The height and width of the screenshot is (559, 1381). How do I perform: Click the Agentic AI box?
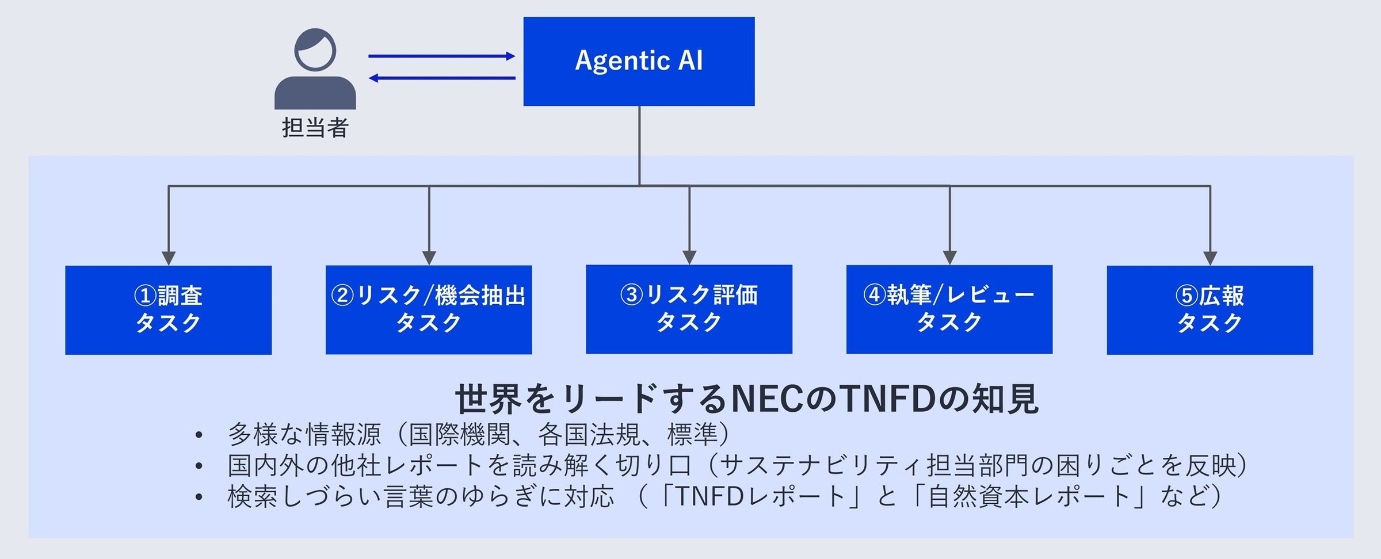coord(639,61)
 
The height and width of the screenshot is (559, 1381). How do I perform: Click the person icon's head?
coord(315,49)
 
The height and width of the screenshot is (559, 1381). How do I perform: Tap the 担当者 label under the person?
coord(315,128)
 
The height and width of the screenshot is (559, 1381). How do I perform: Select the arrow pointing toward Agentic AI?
coord(441,56)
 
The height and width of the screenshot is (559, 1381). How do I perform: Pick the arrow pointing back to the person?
coord(441,78)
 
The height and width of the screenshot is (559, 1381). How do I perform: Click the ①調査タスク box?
coord(168,309)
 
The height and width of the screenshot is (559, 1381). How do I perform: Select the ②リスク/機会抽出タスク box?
coord(429,309)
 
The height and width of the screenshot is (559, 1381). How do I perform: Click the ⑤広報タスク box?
coord(1210,309)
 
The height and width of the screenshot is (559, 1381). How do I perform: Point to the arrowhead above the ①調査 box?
coord(168,258)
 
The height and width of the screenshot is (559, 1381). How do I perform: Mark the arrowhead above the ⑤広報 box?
coord(1210,258)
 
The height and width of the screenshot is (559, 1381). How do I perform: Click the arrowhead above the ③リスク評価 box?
coord(689,257)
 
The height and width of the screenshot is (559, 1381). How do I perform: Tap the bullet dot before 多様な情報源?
coord(199,435)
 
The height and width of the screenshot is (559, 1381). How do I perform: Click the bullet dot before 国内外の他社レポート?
coord(199,466)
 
